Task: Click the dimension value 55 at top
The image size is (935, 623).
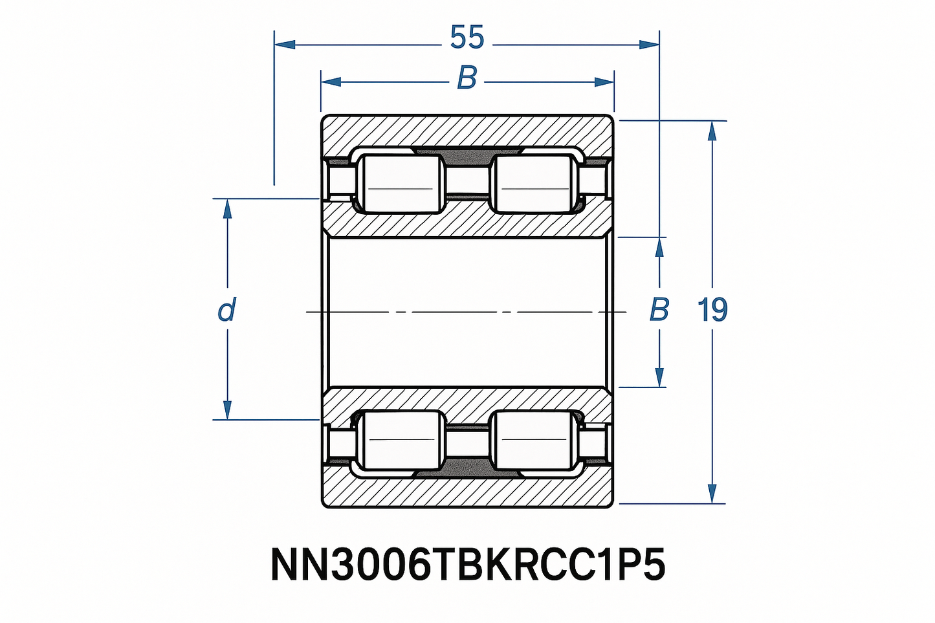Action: [467, 38]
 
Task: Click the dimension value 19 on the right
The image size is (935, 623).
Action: [712, 311]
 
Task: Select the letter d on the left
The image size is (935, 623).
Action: [226, 311]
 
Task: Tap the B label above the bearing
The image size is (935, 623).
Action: [467, 78]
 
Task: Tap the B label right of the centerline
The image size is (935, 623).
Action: [659, 311]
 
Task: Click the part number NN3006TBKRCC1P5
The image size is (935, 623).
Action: [467, 565]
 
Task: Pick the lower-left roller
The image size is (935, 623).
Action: [401, 440]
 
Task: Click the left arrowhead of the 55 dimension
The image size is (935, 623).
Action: [285, 44]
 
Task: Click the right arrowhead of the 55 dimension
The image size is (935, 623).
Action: [649, 44]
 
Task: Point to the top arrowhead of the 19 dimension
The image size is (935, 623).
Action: [712, 131]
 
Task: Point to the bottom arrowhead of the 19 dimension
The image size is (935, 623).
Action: [712, 493]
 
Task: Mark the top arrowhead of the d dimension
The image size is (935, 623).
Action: [227, 209]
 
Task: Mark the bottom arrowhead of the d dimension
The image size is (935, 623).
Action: [227, 410]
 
